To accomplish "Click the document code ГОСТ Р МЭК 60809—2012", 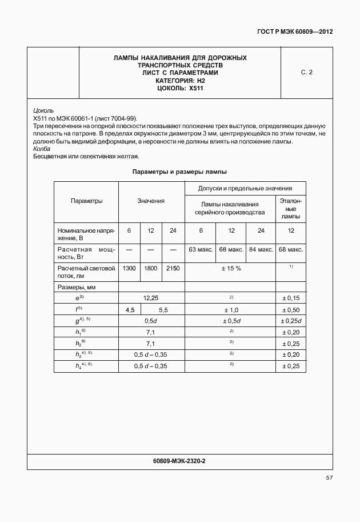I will (295, 32).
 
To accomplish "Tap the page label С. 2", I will (306, 73).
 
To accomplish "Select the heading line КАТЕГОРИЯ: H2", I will (180, 81).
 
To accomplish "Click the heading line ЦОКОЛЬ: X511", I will (180, 88).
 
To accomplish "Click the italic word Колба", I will (42, 149).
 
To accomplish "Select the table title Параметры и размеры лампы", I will (179, 172).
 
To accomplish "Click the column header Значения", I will (151, 201).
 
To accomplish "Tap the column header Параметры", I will (86, 201).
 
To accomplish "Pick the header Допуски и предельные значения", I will (245, 188).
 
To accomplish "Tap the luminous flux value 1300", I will (129, 268).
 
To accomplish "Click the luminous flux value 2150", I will (173, 268).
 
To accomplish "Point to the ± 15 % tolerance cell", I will (230, 268).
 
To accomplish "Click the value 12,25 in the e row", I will (151, 298).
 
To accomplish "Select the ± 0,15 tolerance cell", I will (290, 298).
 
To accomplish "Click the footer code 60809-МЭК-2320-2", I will (179, 461).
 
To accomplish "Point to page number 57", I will (329, 477).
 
